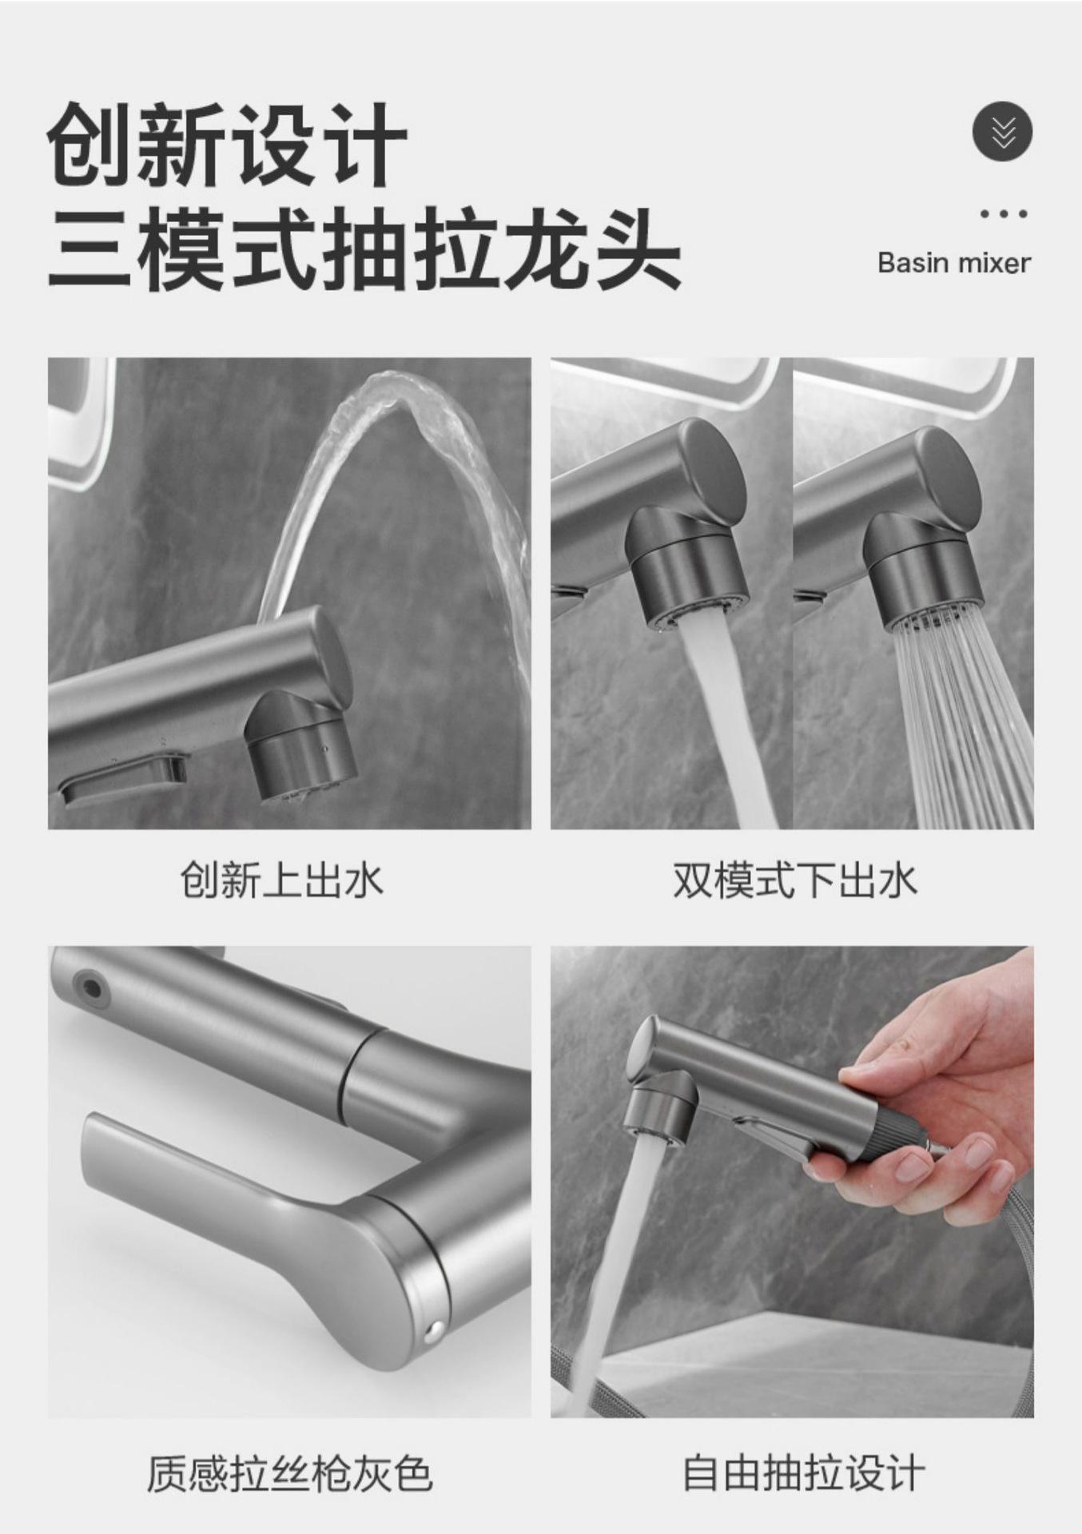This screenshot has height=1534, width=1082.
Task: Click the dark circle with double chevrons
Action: tap(1002, 132)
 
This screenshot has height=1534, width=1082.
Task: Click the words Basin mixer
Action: tap(953, 263)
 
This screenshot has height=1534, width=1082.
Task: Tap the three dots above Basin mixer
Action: tap(1003, 214)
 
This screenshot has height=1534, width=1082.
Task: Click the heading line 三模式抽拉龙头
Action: tap(364, 248)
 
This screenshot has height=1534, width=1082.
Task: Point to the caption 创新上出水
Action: tap(281, 880)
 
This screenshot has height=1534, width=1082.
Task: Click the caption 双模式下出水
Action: tap(794, 880)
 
